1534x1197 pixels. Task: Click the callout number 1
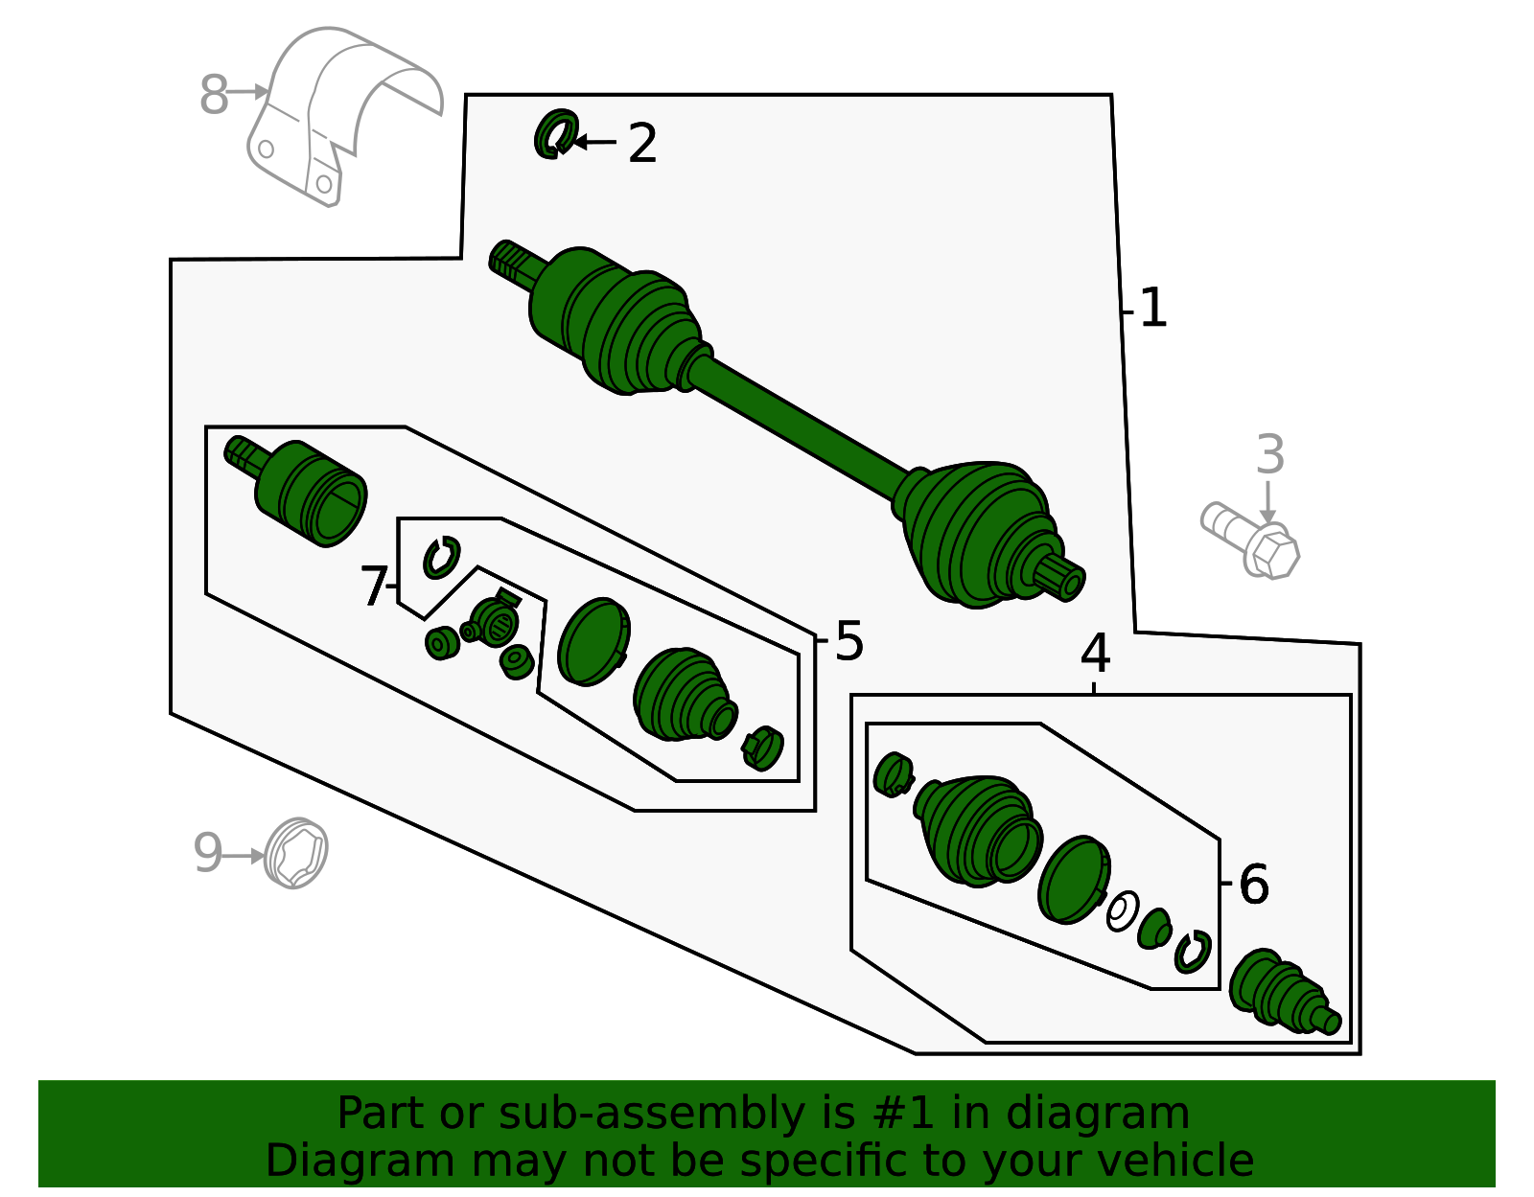[x=1153, y=309]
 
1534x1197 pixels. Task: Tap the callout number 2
[x=642, y=144]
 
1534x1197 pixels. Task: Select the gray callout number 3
[x=1269, y=455]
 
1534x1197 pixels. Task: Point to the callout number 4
[x=1095, y=655]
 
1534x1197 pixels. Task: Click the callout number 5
[x=849, y=641]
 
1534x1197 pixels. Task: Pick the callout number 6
[x=1254, y=884]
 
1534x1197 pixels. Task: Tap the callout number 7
[x=374, y=586]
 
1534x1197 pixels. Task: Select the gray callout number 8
[x=214, y=96]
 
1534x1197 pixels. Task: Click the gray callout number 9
[x=207, y=853]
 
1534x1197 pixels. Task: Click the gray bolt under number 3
[x=1251, y=541]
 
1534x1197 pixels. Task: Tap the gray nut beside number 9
[x=295, y=853]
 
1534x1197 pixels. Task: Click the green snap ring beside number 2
[x=555, y=134]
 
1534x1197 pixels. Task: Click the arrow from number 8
[x=249, y=92]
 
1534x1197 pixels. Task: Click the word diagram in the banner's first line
[x=1118, y=1114]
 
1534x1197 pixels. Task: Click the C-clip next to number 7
[x=441, y=558]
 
